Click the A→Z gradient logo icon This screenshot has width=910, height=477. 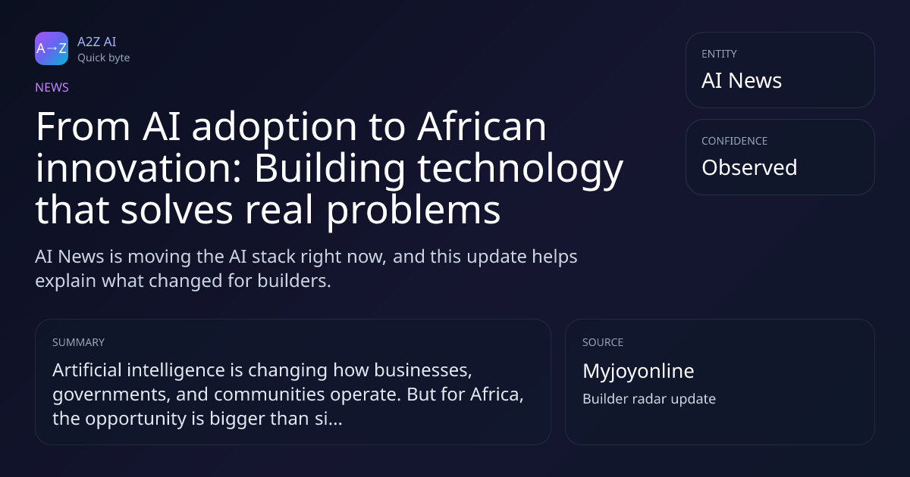tap(52, 48)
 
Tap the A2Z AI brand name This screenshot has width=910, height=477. tap(97, 42)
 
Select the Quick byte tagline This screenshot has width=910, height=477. tap(104, 58)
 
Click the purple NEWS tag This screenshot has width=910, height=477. tap(52, 87)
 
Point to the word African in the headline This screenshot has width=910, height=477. tap(482, 126)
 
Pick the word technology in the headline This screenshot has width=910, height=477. tap(520, 170)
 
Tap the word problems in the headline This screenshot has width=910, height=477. tap(413, 212)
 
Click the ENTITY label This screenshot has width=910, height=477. tap(719, 54)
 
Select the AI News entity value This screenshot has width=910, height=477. tap(742, 80)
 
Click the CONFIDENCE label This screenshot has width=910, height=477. tap(735, 141)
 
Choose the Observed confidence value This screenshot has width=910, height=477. tap(749, 167)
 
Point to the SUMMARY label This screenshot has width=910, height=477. tap(78, 342)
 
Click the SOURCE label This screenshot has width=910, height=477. tap(603, 342)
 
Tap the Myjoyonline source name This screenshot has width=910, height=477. tap(639, 372)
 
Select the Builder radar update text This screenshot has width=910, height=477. tap(649, 399)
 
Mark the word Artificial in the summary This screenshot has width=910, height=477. tap(87, 370)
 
